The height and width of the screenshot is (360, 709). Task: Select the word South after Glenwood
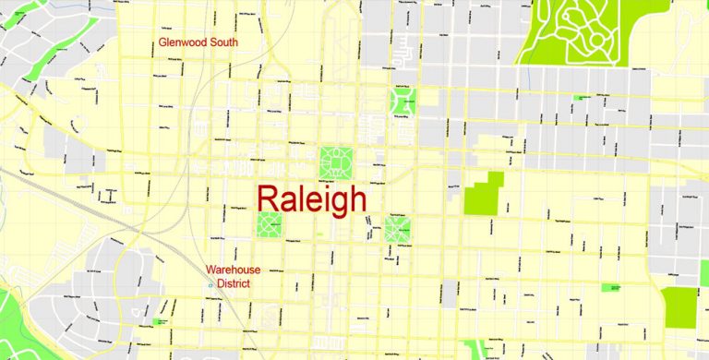223,42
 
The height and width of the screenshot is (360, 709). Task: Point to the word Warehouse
233,270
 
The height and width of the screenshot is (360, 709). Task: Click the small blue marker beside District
211,284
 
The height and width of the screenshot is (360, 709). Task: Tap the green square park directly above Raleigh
337,163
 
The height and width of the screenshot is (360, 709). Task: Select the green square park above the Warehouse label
269,223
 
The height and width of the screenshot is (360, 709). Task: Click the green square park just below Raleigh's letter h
397,228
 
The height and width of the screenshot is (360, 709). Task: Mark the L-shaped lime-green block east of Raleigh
484,195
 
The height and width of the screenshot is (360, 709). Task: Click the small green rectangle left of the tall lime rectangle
611,288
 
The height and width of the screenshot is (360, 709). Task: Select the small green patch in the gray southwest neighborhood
162,321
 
